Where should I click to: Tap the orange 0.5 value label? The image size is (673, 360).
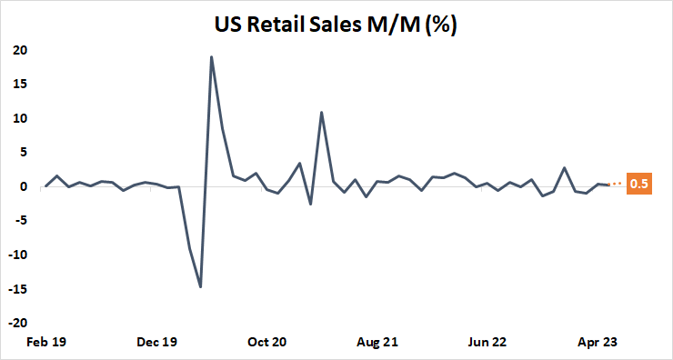point(639,184)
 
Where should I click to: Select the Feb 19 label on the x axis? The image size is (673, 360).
point(46,343)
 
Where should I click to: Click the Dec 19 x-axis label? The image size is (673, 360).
point(156,343)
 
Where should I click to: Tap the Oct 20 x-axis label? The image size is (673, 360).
point(266,343)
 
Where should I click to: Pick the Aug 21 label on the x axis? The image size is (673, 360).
point(377,343)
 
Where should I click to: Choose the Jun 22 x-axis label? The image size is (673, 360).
point(487,343)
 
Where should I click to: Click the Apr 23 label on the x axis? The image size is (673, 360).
point(598,343)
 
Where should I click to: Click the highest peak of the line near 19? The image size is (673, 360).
point(212,56)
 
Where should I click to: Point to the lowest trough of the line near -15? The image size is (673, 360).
point(200,287)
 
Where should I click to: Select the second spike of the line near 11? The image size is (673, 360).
point(322,113)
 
